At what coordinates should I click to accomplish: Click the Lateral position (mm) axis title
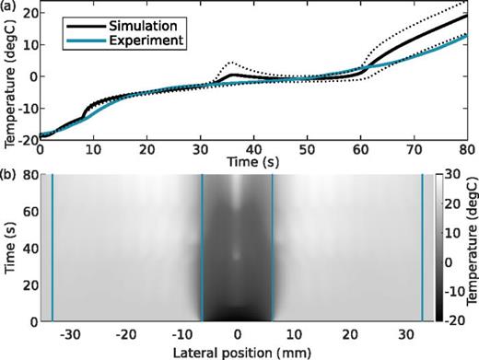238,352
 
